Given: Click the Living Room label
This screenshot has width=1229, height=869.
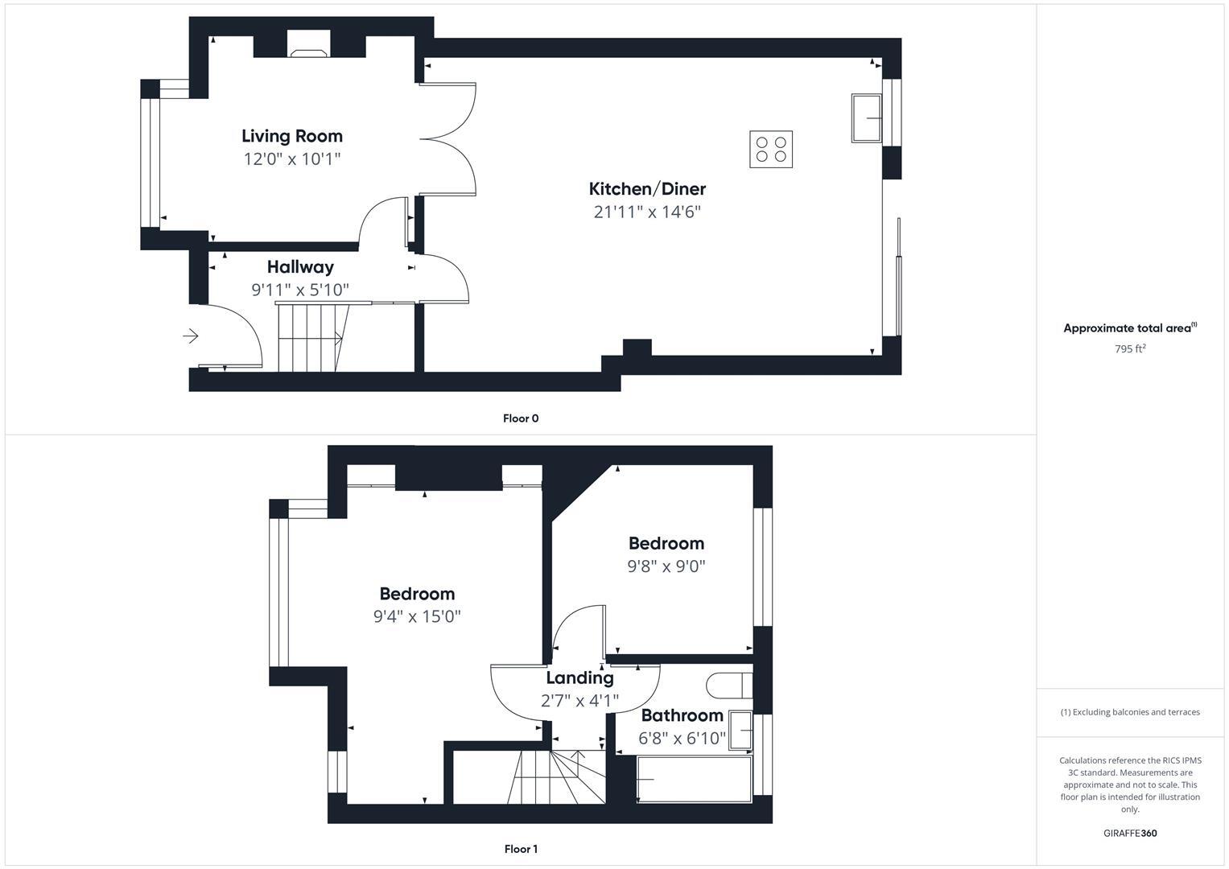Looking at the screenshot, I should click(292, 136).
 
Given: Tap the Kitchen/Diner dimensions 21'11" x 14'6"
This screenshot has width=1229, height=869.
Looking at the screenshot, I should click(647, 212).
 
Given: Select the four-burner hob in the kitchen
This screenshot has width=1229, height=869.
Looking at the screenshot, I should click(771, 149).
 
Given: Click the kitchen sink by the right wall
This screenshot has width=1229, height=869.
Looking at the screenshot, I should click(866, 118).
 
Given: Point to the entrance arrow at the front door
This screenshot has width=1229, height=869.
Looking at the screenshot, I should click(191, 336).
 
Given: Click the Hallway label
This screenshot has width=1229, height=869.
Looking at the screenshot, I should click(300, 266).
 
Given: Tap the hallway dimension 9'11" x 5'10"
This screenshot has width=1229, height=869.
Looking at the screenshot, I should click(300, 290).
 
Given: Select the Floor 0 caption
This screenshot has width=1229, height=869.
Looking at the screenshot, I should click(521, 418).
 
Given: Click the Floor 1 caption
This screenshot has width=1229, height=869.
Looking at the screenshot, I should click(521, 849).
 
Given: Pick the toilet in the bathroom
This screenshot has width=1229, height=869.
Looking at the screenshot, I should click(728, 686).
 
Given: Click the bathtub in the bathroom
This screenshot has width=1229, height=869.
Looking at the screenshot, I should click(694, 779).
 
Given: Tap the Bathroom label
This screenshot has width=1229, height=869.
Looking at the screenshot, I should click(682, 715).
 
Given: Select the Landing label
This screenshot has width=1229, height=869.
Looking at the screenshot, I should click(579, 677).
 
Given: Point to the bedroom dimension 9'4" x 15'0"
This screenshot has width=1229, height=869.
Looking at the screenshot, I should click(417, 616).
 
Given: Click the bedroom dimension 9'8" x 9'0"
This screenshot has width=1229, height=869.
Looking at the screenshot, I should click(666, 566).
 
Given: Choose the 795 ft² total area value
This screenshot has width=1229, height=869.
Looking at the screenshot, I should click(1130, 348).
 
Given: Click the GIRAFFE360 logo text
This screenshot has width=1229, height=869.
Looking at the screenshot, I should click(1130, 834).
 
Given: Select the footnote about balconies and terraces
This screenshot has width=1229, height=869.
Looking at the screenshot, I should click(1130, 712).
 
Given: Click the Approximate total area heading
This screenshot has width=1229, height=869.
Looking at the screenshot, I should click(1129, 328).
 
